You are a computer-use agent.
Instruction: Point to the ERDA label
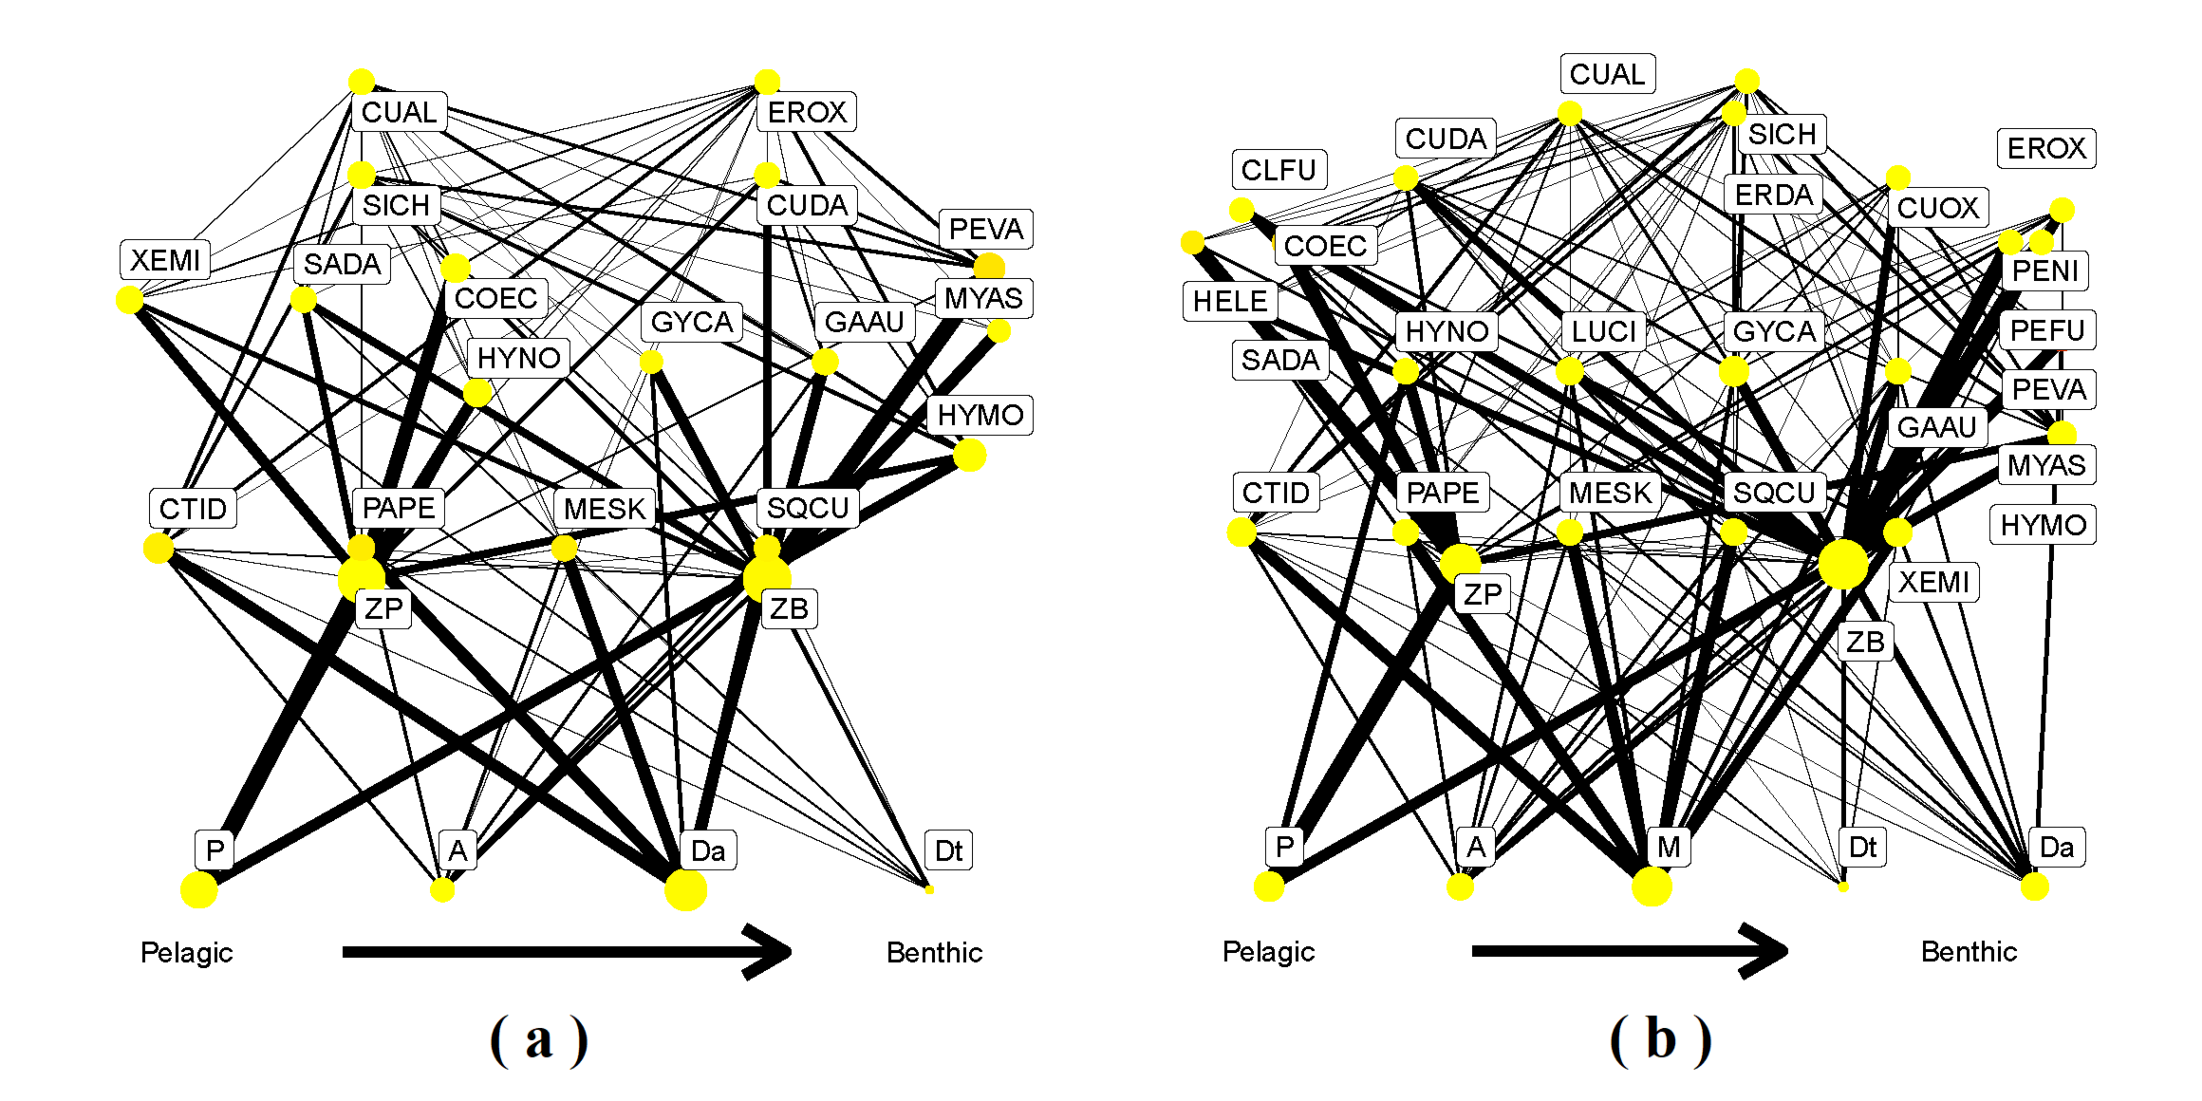(x=1774, y=195)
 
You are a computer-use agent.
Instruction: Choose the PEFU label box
(x=2047, y=330)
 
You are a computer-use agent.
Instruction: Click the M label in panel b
(x=1668, y=847)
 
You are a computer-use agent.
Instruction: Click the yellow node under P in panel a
(x=199, y=890)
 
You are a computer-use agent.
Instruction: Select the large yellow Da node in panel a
(x=686, y=890)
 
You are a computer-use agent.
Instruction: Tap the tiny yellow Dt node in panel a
(x=929, y=890)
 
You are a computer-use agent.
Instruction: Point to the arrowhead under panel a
(x=769, y=951)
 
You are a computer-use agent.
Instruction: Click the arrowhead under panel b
(x=1765, y=951)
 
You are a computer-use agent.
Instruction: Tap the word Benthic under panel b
(x=1969, y=951)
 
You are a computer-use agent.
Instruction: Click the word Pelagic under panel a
(x=186, y=952)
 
